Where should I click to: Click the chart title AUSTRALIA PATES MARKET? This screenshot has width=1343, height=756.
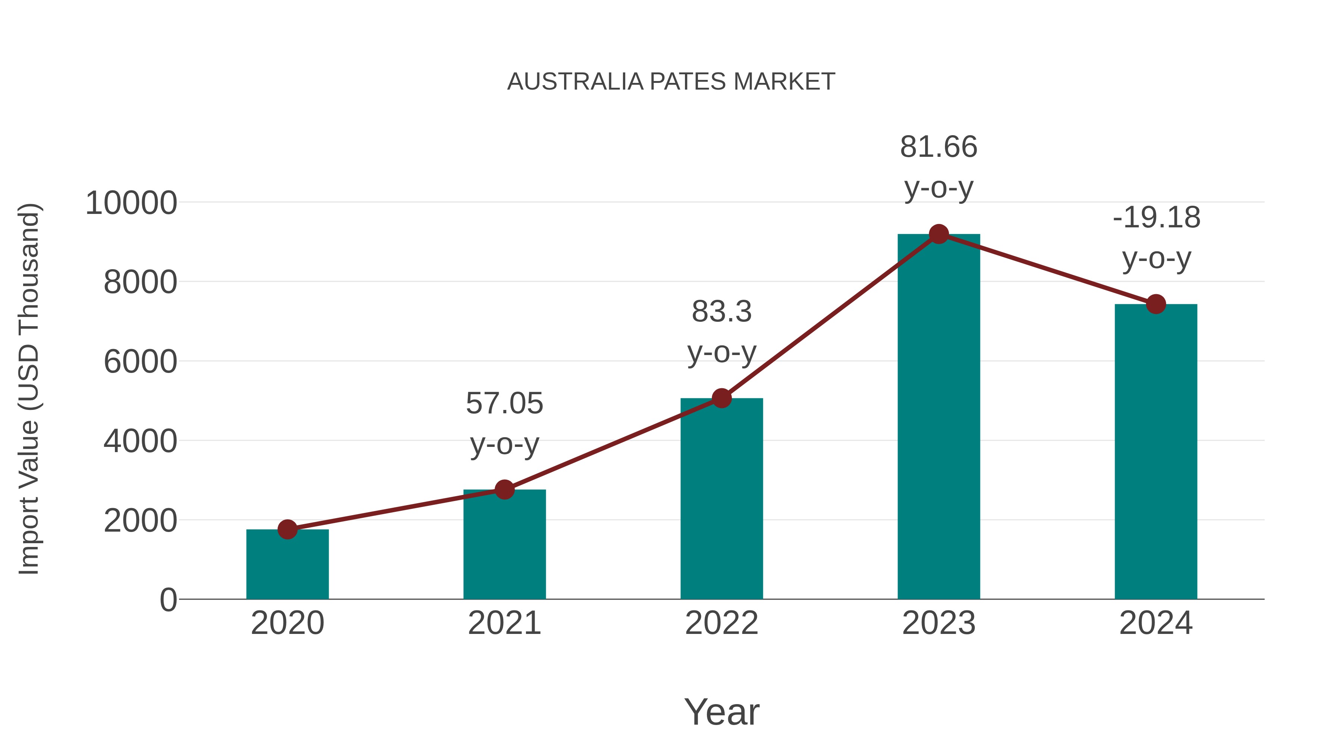click(x=671, y=82)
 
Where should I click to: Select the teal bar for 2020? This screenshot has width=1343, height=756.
click(x=287, y=566)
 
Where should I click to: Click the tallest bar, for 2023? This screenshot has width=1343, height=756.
click(x=939, y=417)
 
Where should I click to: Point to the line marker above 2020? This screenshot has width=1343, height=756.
click(x=287, y=529)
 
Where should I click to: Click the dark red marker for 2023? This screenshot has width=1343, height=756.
click(x=939, y=234)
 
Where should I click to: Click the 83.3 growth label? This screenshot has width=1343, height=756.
click(x=721, y=312)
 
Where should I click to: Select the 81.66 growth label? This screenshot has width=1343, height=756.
click(x=939, y=147)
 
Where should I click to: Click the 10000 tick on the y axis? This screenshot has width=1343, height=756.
click(x=131, y=203)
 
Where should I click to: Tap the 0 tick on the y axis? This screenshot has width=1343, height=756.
click(x=168, y=600)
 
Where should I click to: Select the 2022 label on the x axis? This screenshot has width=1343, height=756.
click(x=721, y=623)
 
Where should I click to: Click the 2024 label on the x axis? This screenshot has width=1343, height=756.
click(x=1156, y=623)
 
